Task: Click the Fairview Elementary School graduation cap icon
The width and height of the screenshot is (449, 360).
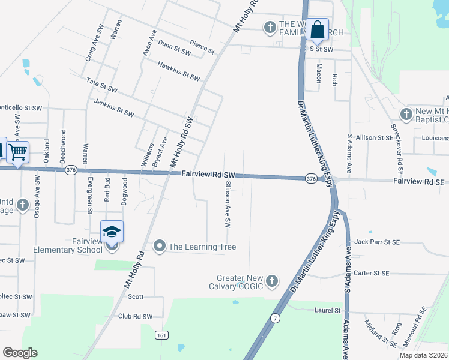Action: (112, 232)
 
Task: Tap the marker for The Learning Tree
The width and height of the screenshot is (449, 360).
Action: (160, 246)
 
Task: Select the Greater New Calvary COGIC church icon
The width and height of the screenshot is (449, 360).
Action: (272, 280)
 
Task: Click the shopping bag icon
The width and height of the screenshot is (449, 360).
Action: (318, 29)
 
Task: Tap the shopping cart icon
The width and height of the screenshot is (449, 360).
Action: (18, 152)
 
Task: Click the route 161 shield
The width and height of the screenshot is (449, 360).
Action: (161, 334)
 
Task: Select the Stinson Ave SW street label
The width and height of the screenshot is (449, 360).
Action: (228, 204)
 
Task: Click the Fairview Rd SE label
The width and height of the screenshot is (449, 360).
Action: (418, 181)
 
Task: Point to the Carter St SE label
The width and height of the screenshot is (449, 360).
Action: (372, 273)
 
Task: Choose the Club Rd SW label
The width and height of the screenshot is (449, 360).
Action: (135, 317)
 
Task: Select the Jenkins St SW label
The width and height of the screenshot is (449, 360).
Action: (113, 106)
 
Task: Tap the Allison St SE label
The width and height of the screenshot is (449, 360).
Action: (374, 137)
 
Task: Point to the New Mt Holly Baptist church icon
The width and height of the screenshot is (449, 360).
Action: (406, 114)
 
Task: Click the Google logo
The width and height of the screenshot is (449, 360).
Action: (20, 353)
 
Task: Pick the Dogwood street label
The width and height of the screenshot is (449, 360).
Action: (125, 191)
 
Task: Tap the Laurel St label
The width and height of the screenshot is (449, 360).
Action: (328, 310)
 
